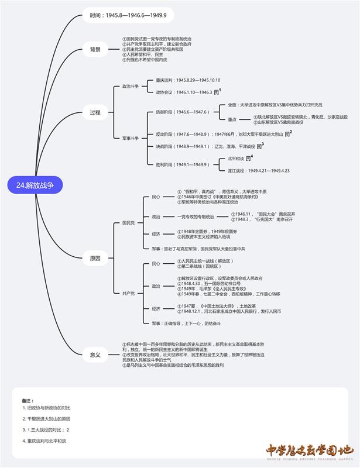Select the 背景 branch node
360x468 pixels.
95,49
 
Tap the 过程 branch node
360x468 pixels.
95,112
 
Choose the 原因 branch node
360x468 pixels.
95,258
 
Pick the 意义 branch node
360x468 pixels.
95,355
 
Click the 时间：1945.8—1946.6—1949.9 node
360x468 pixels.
128,15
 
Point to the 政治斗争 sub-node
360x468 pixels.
131,86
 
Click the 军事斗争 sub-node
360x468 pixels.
131,138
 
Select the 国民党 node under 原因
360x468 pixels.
128,223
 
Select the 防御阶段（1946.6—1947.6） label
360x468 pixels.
182,112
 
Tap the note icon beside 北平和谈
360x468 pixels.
248,159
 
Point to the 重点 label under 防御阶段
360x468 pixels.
232,119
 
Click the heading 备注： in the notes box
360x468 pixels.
28,400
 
